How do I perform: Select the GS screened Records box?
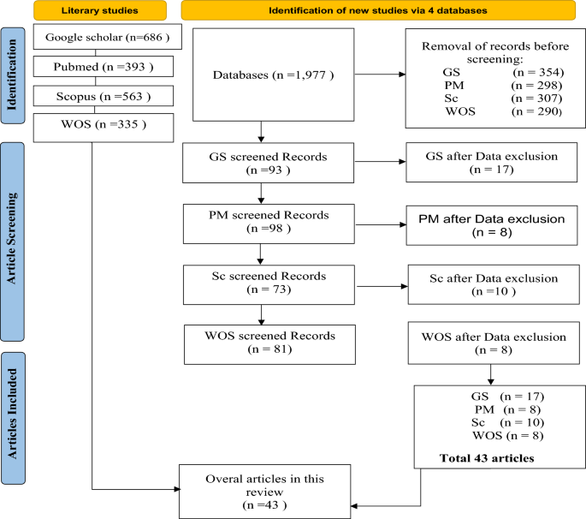tap(268, 162)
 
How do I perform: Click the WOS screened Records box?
tap(268, 342)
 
